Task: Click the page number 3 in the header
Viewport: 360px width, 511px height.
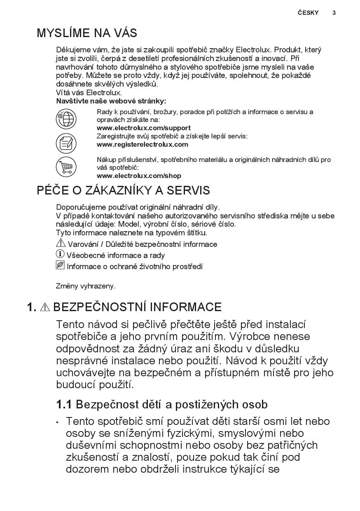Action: tap(334, 13)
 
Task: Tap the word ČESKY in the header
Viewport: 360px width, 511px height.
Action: tap(308, 13)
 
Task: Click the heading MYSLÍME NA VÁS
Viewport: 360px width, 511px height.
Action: tap(87, 33)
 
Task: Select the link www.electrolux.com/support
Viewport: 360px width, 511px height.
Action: tap(143, 128)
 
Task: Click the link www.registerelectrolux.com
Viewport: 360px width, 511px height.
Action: tap(142, 144)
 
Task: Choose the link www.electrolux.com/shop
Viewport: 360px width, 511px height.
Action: tap(139, 176)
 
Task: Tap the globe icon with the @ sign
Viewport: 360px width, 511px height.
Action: tap(66, 119)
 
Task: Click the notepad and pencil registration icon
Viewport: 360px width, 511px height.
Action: tap(66, 143)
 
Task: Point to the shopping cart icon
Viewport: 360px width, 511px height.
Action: tap(66, 167)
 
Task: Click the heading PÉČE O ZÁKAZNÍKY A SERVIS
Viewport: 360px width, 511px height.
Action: tap(123, 190)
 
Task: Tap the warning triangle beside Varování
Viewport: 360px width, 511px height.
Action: tap(61, 243)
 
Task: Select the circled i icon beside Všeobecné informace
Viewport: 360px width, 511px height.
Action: tap(60, 254)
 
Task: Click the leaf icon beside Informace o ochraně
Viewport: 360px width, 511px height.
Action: tap(60, 265)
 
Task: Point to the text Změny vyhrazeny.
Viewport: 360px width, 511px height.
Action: tap(86, 286)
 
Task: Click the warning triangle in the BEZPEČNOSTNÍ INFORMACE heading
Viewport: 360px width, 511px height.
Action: tap(45, 307)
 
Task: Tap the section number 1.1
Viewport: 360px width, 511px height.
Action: tap(64, 405)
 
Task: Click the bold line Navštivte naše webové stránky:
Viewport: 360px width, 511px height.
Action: tap(111, 101)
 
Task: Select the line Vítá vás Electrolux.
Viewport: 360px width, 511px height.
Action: tap(89, 93)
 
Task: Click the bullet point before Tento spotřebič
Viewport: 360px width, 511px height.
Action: tap(58, 422)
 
